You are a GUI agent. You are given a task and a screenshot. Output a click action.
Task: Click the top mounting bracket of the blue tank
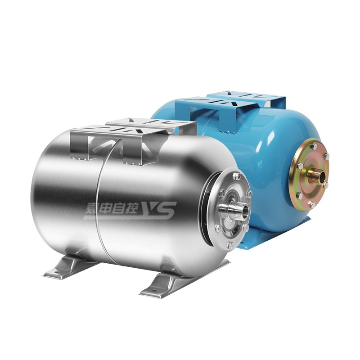click(x=229, y=110)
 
